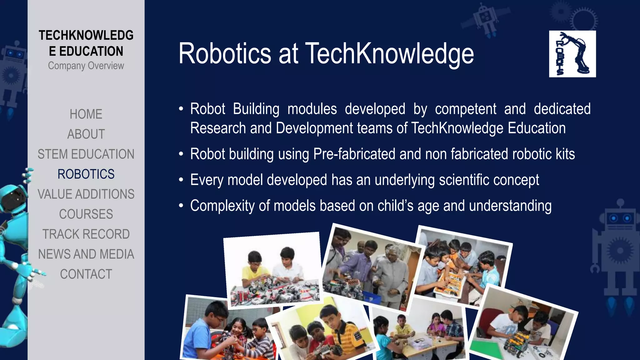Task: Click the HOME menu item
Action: [x=86, y=114]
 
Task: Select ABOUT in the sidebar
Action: [x=86, y=134]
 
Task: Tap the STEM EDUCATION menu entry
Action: [x=86, y=154]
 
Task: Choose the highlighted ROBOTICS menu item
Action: [x=86, y=174]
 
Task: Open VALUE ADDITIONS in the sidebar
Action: [x=86, y=194]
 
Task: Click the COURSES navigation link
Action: [x=86, y=214]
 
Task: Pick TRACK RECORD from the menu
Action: [x=86, y=234]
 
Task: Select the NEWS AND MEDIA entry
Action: [x=86, y=254]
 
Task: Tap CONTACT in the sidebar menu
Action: [x=86, y=274]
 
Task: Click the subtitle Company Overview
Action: [x=86, y=66]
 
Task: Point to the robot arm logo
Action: [x=572, y=54]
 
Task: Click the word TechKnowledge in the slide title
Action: [x=389, y=54]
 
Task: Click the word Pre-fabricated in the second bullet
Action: [x=354, y=154]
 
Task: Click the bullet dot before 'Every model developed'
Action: [x=181, y=180]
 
